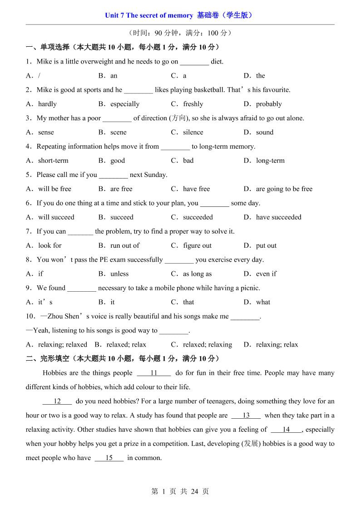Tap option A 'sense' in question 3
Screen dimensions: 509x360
tap(45, 132)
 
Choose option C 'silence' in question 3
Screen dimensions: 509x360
tap(192, 132)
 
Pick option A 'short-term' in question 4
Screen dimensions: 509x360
tap(53, 161)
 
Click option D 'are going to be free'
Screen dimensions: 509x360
tap(284, 189)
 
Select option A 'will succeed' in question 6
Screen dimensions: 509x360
tap(56, 217)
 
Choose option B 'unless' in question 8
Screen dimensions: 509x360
tap(119, 274)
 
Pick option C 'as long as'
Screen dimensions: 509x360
tap(197, 274)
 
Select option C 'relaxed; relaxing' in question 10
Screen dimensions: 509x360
tap(207, 345)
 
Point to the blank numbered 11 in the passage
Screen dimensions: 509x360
tap(153, 373)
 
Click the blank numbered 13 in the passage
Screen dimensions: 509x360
tap(246, 416)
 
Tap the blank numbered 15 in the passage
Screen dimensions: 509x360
tap(109, 458)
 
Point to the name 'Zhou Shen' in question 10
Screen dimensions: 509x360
tap(63, 317)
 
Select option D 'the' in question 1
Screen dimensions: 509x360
tap(260, 76)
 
